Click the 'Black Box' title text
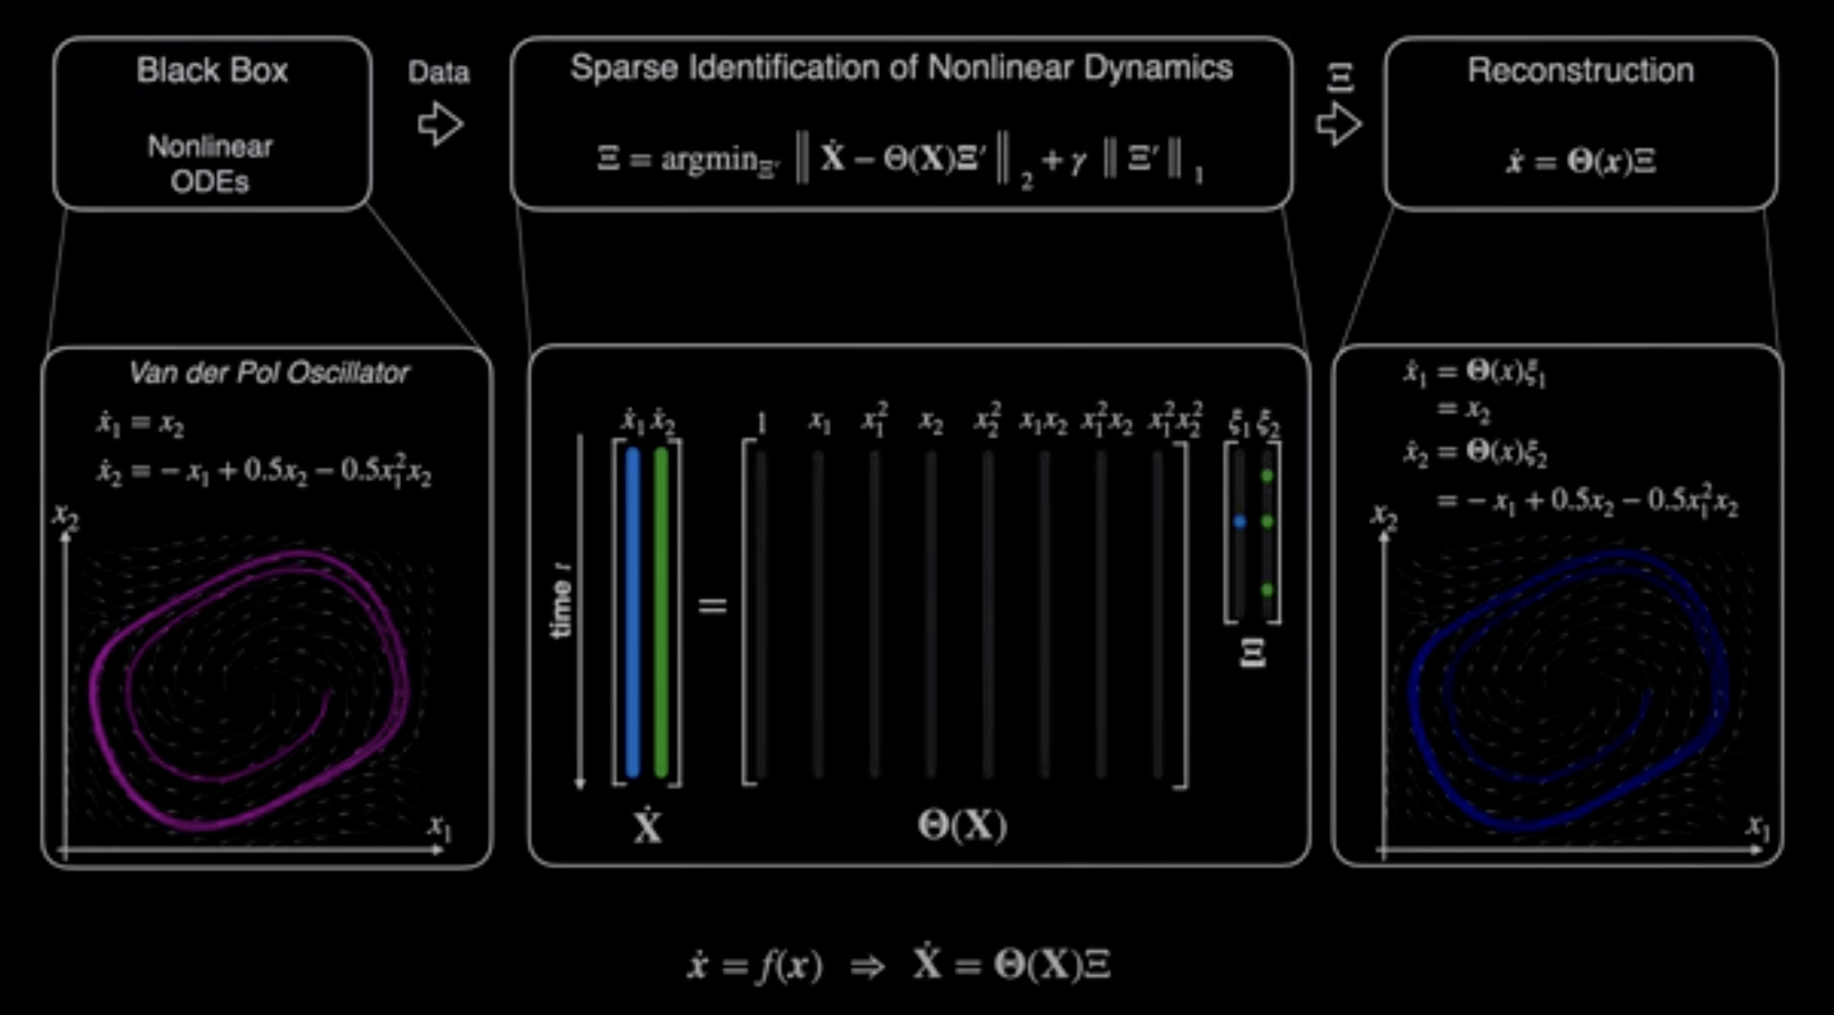[x=211, y=70]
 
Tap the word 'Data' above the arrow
[x=438, y=72]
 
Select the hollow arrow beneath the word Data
[x=440, y=124]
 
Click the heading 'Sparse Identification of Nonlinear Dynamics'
[x=902, y=68]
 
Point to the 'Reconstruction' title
[x=1580, y=70]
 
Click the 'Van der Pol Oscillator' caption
[x=268, y=373]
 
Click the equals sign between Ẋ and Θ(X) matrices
[x=713, y=605]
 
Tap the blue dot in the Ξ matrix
[x=1240, y=522]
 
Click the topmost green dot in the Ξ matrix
[x=1268, y=476]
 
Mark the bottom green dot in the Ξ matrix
[x=1268, y=590]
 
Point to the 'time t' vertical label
[x=562, y=601]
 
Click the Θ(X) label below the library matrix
[x=962, y=825]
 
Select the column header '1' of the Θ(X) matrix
[x=762, y=423]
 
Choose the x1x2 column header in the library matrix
[x=1043, y=422]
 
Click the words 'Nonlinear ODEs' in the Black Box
[x=211, y=163]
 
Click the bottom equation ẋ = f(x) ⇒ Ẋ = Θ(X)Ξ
[x=899, y=965]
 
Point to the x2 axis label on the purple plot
[x=65, y=517]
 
